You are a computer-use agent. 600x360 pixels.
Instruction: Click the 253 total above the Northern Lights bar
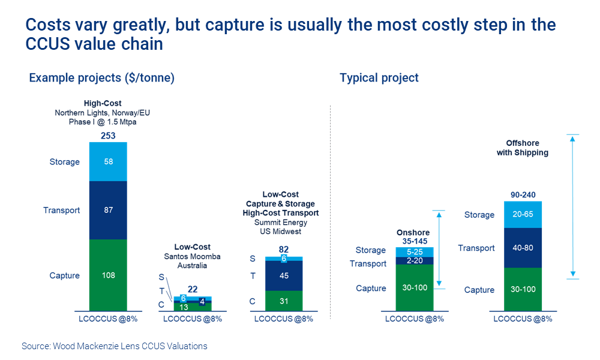click(x=109, y=136)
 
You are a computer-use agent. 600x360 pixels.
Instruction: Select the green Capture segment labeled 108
click(x=109, y=275)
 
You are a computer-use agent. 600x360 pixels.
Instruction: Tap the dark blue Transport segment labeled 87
click(x=109, y=210)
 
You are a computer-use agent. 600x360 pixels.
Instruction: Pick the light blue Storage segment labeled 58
click(x=109, y=161)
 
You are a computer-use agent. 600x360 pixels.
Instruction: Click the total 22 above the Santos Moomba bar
click(x=193, y=289)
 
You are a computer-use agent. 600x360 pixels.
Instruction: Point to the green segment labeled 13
click(x=183, y=306)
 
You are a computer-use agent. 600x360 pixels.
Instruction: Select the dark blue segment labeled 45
click(x=284, y=276)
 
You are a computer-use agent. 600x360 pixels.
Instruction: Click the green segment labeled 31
click(x=284, y=300)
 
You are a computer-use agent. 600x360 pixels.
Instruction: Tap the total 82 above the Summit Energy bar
click(x=284, y=249)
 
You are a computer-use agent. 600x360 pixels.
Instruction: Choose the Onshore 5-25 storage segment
click(x=414, y=252)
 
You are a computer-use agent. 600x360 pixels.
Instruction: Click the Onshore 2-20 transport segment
click(x=414, y=261)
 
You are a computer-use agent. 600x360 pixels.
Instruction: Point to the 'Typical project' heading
click(x=379, y=78)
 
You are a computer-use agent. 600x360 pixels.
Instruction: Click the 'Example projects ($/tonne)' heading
click(x=101, y=78)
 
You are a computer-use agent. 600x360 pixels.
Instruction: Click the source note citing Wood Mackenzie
click(x=115, y=346)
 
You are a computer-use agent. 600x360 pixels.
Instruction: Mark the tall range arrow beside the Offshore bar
click(x=573, y=207)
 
